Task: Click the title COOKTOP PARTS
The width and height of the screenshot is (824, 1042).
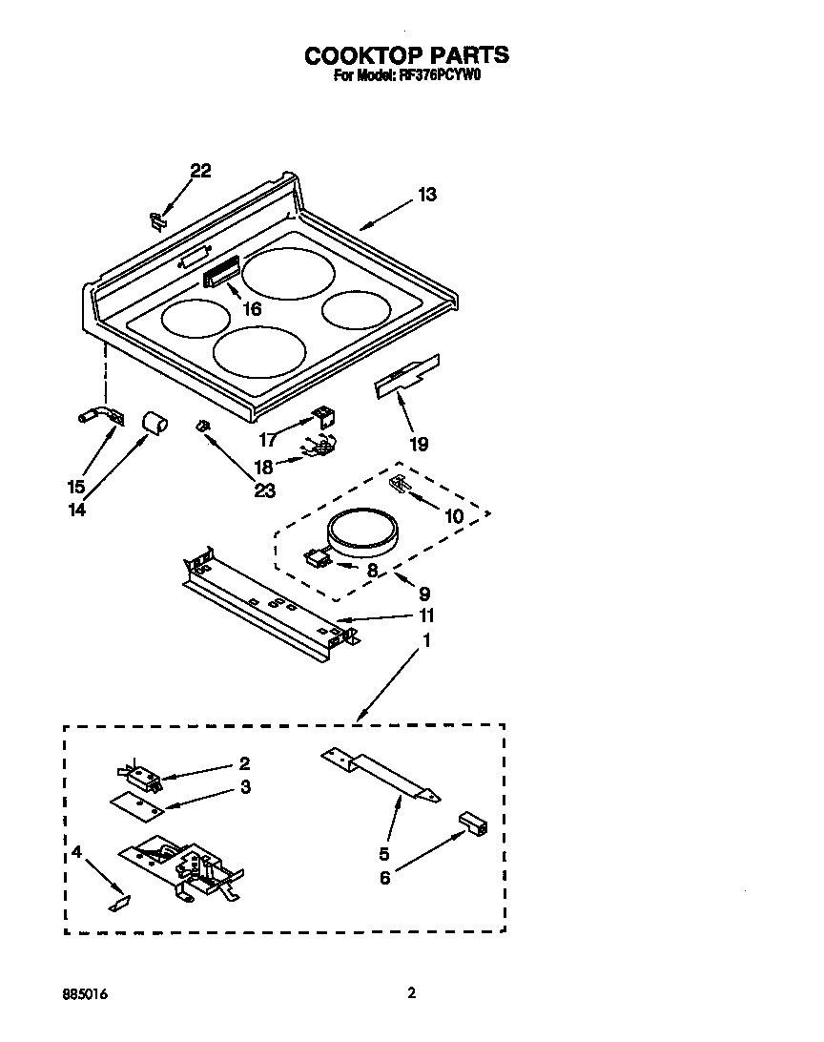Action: pos(406,55)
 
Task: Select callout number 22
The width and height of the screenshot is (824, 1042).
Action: pos(200,171)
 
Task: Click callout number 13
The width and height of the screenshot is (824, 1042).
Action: pos(426,195)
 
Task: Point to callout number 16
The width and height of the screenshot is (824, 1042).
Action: pos(252,309)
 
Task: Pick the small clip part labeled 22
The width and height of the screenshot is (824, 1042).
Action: pos(157,219)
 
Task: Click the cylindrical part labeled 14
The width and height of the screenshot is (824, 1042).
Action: pos(154,422)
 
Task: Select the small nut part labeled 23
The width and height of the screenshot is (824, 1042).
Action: pos(202,427)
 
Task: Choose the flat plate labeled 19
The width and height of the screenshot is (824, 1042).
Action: pos(407,376)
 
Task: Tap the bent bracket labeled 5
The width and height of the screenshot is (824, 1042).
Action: pos(380,772)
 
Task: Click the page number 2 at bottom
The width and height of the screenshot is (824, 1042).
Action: pos(411,993)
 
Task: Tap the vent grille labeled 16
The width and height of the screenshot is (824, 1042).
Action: pos(219,276)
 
